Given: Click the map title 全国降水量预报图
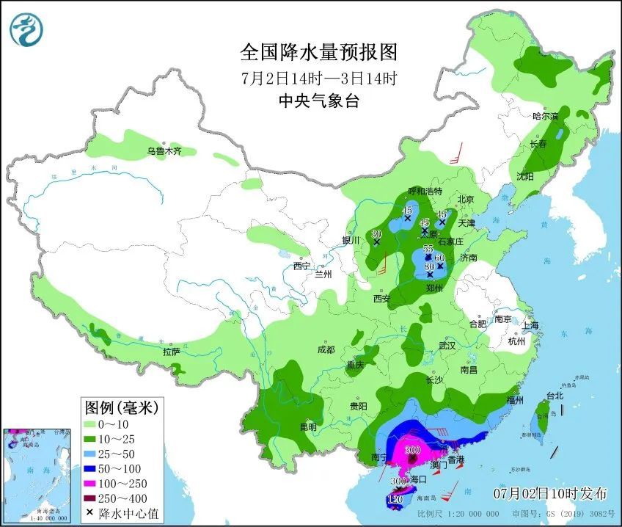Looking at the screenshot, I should click(318, 52).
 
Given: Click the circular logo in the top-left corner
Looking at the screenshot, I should click(26, 29).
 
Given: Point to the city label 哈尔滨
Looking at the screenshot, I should click(544, 116).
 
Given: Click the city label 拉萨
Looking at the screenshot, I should click(171, 352).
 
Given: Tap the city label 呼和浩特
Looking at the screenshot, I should click(425, 191).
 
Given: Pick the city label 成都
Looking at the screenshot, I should click(326, 350).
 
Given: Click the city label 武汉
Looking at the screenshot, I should click(447, 345).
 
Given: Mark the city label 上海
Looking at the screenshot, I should click(530, 325).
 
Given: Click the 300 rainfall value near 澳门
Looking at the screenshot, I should click(412, 450).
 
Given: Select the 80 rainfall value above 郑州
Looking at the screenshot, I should click(430, 267).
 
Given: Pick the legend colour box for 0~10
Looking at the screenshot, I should click(93, 424).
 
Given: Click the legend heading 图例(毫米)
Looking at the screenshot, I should click(121, 406).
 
